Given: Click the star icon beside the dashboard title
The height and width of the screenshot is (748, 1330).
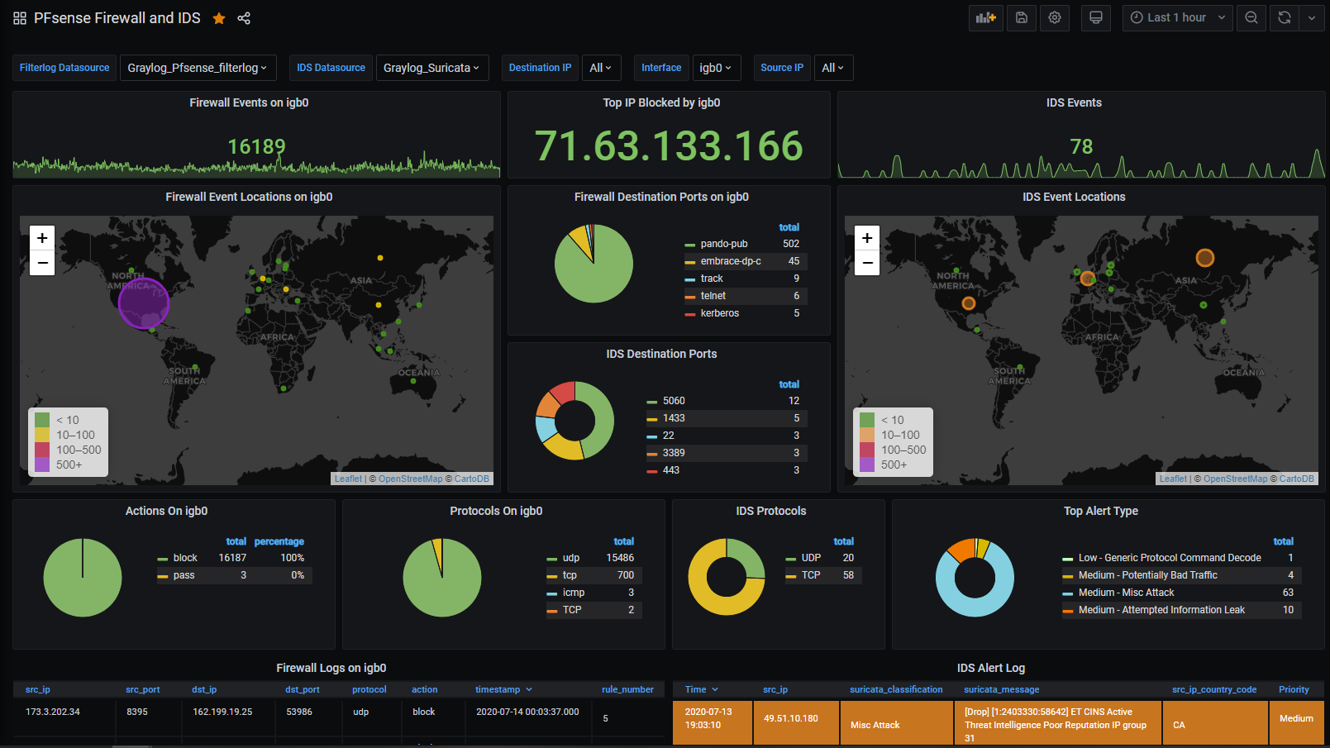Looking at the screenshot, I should (219, 18).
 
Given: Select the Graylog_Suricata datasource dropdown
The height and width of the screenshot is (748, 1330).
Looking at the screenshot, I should (431, 68).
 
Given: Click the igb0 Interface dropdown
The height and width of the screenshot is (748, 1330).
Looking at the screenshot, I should (716, 68).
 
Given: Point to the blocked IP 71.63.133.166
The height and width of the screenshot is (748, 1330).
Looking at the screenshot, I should (669, 146).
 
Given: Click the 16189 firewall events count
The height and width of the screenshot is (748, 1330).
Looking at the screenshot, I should (256, 147).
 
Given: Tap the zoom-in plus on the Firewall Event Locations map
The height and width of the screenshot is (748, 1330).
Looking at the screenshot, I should (42, 238).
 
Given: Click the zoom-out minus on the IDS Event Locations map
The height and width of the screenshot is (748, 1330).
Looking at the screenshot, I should (866, 263).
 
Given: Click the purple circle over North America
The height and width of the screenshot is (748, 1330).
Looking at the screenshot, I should (144, 303).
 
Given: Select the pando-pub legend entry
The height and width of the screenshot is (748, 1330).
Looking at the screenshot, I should (723, 244).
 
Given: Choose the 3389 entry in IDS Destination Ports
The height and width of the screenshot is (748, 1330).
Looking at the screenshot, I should (674, 453).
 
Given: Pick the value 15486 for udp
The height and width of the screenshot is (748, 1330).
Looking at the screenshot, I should (620, 558).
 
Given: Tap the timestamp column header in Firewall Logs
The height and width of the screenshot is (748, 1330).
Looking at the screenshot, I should (498, 689).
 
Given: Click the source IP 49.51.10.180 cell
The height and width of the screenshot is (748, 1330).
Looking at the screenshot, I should (791, 718).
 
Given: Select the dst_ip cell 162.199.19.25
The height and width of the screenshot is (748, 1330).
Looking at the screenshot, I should (222, 712).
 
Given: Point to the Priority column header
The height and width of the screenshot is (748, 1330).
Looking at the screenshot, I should (1294, 689).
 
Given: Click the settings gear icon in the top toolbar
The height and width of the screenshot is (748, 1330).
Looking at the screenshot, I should (1055, 17).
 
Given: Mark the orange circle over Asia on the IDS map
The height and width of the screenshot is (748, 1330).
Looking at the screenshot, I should (1205, 258).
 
